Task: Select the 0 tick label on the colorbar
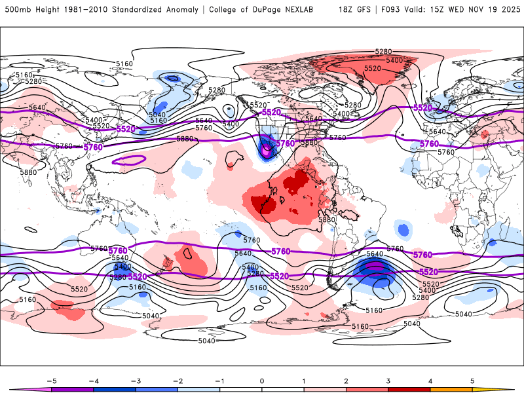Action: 262,380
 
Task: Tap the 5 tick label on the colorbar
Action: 472,380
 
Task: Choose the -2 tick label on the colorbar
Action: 178,380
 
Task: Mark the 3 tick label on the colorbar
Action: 388,380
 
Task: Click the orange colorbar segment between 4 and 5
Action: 451,388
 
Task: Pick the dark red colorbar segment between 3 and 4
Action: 409,388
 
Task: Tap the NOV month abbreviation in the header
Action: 475,10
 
